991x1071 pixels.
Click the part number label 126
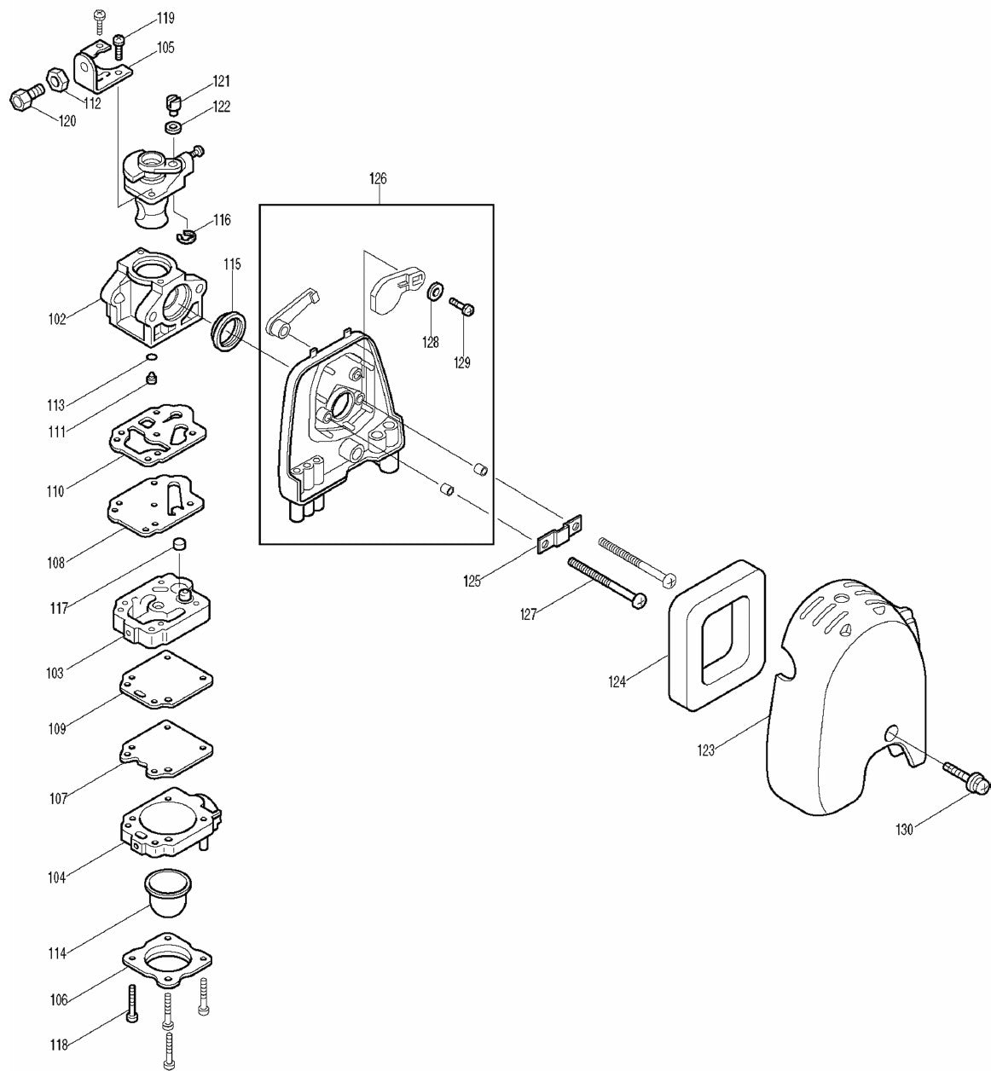pos(378,179)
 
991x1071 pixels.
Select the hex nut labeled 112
pos(56,80)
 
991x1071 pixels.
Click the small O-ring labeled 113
pos(151,358)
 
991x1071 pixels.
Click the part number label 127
pos(529,614)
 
